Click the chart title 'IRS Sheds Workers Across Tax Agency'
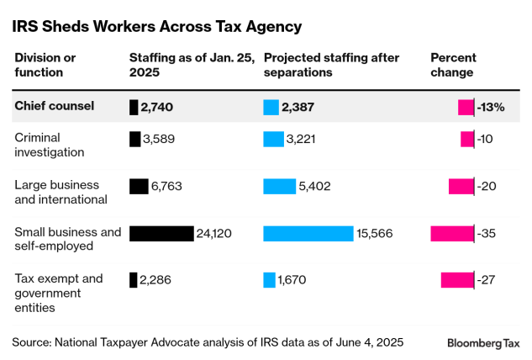[x=156, y=27]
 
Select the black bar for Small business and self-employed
[x=161, y=233]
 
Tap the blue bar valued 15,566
[x=308, y=233]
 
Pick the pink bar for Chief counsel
[x=466, y=107]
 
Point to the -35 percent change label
[x=487, y=233]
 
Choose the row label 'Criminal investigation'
[x=50, y=145]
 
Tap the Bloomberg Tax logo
[x=483, y=343]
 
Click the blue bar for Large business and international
[x=279, y=186]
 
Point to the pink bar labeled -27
[x=457, y=280]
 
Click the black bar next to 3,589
[x=134, y=139]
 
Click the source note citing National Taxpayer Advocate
[x=207, y=342]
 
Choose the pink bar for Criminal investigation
[x=467, y=139]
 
